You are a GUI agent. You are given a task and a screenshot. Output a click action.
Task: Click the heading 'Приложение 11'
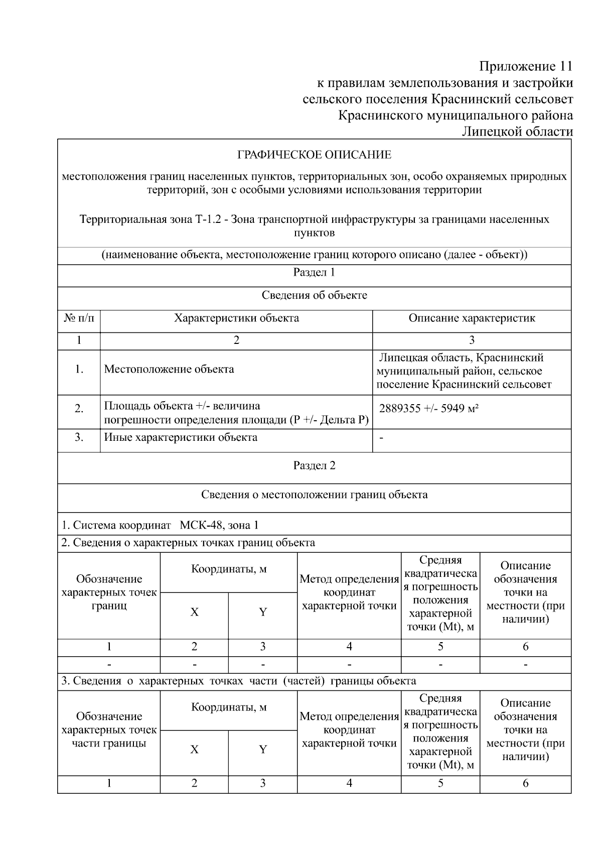click(x=525, y=66)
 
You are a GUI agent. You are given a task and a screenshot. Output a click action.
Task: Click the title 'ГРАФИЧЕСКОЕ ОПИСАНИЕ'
click(x=314, y=155)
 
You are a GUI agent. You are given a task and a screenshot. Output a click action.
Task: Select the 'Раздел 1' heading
click(x=314, y=273)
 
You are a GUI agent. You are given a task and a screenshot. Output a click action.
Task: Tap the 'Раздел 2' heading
click(x=314, y=465)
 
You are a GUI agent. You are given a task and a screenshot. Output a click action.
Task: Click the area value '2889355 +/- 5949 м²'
click(x=428, y=408)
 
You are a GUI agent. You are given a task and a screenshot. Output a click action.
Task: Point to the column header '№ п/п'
click(x=79, y=318)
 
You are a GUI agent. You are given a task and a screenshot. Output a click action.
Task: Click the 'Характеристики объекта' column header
click(x=236, y=318)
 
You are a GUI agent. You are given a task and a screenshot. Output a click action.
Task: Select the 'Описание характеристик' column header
click(x=472, y=318)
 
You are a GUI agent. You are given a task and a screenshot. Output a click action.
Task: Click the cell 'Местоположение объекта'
click(x=169, y=369)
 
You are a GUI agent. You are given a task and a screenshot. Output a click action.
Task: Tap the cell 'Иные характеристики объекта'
click(x=181, y=437)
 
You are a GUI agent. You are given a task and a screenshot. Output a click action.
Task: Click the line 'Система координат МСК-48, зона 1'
click(x=160, y=525)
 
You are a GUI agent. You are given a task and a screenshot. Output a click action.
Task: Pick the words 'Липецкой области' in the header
click(x=517, y=132)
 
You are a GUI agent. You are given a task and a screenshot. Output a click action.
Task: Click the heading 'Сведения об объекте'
click(x=314, y=295)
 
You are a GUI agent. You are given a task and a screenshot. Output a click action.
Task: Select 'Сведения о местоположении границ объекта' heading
click(x=314, y=495)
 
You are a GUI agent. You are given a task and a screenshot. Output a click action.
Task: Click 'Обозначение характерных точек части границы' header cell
click(x=109, y=729)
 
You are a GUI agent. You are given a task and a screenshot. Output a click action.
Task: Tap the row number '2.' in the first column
click(x=79, y=409)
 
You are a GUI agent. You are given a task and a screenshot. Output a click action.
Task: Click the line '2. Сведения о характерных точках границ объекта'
click(x=188, y=542)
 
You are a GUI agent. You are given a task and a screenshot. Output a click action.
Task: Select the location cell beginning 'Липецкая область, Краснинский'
click(x=464, y=371)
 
